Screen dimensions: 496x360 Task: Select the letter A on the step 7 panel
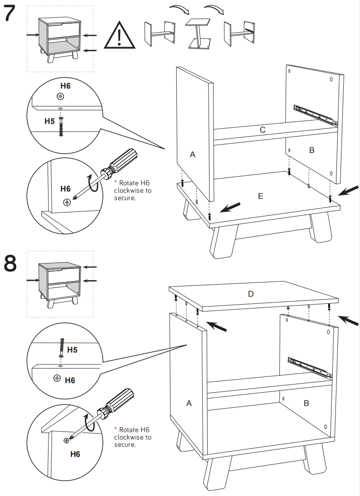[192, 155]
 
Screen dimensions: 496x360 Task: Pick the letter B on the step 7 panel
[311, 150]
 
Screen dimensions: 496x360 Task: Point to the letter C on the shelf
[263, 130]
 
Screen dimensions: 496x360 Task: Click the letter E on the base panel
[260, 196]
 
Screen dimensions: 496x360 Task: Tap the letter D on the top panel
[251, 294]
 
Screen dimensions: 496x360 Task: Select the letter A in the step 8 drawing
[189, 403]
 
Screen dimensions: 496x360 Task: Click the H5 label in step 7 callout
[49, 122]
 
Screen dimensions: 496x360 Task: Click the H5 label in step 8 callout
[73, 350]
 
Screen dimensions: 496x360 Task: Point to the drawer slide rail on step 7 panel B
[316, 115]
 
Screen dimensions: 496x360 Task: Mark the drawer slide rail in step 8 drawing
[309, 367]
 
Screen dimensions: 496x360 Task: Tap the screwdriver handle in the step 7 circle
[122, 160]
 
